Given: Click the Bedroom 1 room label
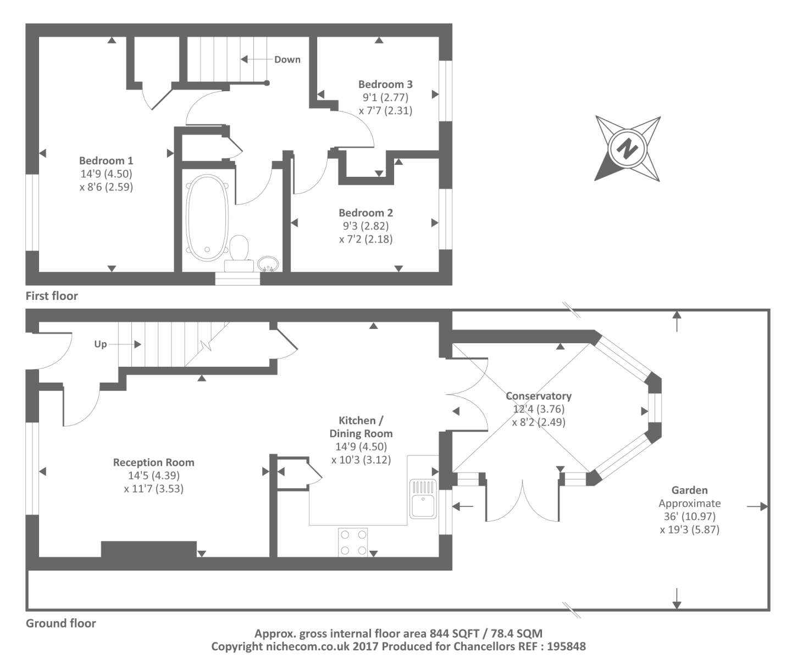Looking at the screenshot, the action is [106, 161].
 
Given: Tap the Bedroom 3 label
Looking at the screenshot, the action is [385, 85].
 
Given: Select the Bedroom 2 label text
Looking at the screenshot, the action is [366, 213].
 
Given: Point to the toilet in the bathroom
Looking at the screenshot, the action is [239, 251].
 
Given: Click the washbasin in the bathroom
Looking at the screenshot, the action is [268, 264].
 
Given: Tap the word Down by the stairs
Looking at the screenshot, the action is [287, 60].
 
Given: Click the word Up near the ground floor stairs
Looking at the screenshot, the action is [101, 344].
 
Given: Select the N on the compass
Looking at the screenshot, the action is [627, 148].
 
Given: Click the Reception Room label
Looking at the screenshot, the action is [153, 462].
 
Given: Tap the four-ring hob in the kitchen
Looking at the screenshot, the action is [353, 542].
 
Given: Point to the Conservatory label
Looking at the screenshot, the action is [538, 396].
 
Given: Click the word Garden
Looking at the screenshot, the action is [689, 490].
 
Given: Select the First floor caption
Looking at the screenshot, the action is [52, 296].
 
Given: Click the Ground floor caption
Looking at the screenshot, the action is [60, 623].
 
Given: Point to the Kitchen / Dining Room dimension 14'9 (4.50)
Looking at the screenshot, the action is [361, 447].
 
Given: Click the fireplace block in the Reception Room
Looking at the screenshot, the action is [148, 549].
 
